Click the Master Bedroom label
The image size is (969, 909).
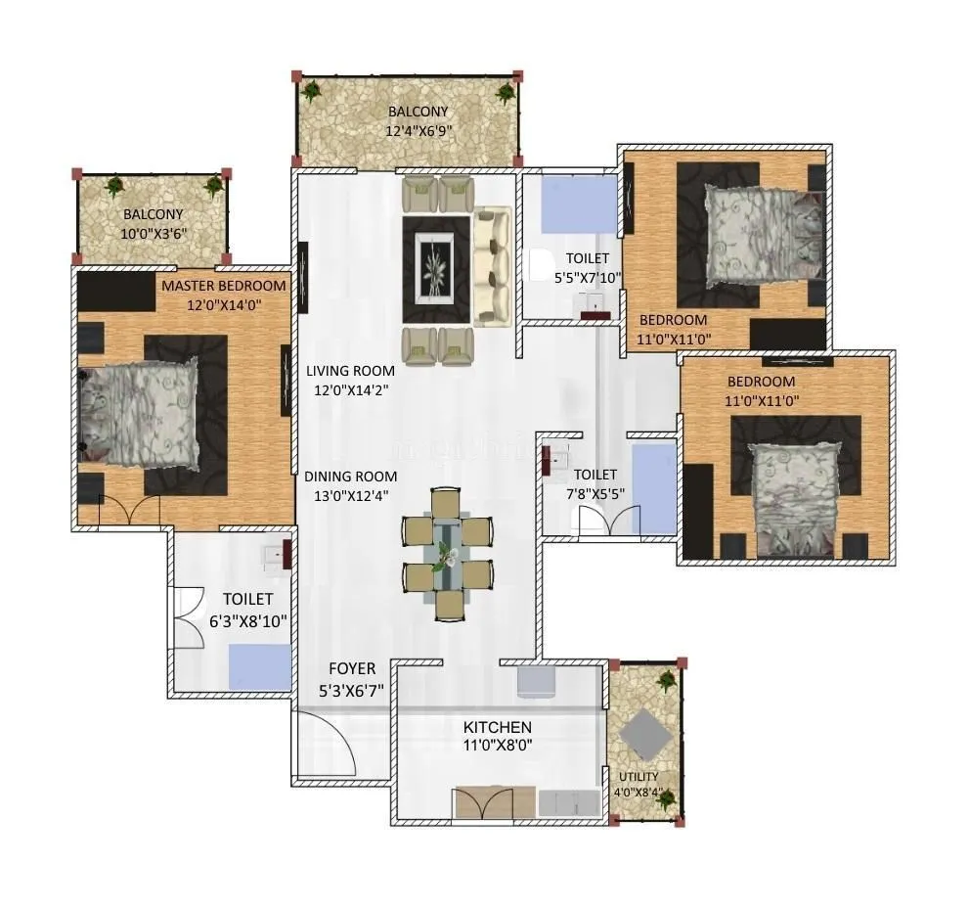pyautogui.click(x=224, y=286)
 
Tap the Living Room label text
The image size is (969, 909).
pyautogui.click(x=350, y=371)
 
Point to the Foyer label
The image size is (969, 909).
pyautogui.click(x=351, y=669)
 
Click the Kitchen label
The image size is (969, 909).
pyautogui.click(x=498, y=727)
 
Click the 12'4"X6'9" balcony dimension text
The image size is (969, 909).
pyautogui.click(x=419, y=130)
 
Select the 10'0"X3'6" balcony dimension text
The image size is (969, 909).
pyautogui.click(x=153, y=233)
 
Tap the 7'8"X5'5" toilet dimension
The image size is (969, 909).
pyautogui.click(x=595, y=494)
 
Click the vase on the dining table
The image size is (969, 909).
pyautogui.click(x=447, y=555)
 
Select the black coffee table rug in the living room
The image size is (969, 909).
pyautogui.click(x=436, y=269)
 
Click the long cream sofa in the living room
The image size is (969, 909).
pyautogui.click(x=492, y=265)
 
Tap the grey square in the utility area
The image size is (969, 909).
pyautogui.click(x=644, y=731)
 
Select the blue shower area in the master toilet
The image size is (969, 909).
pyautogui.click(x=259, y=668)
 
